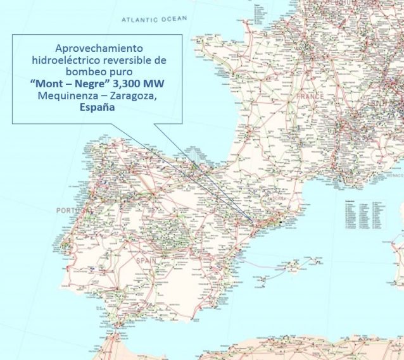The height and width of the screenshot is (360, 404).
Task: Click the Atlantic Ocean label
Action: (x=155, y=20)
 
